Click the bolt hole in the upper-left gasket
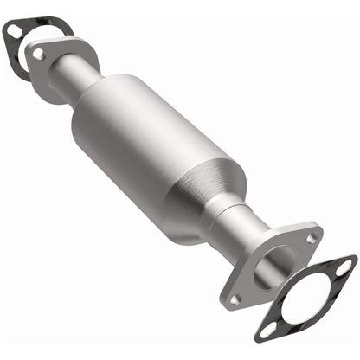(13, 32)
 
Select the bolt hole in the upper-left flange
(38, 54)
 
